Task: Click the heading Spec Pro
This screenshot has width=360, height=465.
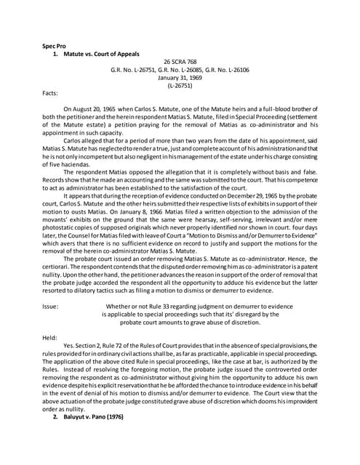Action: pos(55,46)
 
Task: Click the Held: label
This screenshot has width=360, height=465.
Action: pos(51,337)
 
